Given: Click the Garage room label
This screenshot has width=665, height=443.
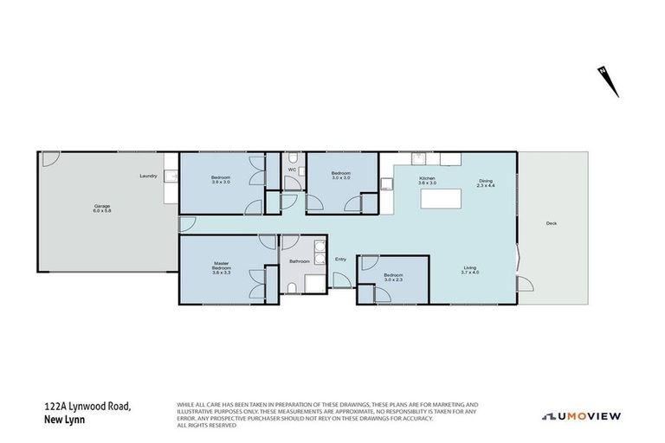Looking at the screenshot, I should coord(101,206).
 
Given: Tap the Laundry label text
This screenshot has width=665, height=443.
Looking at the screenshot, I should coord(148,177).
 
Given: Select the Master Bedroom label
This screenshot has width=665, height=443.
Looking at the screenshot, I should coord(222,266).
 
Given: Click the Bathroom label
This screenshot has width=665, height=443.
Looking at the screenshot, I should coord(300,260).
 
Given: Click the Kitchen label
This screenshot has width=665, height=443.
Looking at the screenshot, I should coord(427,178).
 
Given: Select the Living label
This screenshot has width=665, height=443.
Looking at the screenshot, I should coord(470,268).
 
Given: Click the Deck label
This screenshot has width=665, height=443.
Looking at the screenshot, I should coord(552,223).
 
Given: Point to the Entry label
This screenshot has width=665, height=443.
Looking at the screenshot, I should coord(340,259).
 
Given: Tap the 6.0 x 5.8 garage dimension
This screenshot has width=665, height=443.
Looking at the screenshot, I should coord(101,211).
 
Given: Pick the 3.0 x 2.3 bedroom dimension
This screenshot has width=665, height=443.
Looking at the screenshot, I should coord(395,279).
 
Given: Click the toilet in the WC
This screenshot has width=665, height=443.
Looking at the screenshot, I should coord(293,157).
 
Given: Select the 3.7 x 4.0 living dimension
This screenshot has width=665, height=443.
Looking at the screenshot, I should coord(470,273).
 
